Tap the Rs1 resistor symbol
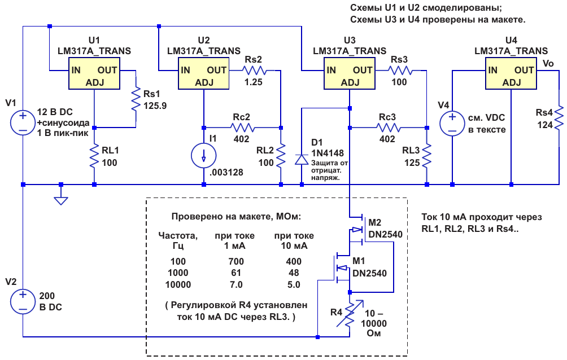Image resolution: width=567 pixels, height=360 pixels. coord(136,99)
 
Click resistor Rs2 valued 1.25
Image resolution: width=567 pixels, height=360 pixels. coord(254,70)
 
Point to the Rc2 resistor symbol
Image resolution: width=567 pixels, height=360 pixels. coord(242,128)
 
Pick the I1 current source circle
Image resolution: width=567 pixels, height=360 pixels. coord(203,156)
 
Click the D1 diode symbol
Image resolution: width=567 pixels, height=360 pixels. coord(302,159)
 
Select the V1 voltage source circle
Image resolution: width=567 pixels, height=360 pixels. coord(23,122)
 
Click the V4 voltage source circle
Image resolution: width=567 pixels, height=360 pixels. coord(452,123)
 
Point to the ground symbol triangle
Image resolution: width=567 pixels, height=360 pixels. coord(61,201)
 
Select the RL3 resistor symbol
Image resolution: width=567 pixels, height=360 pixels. coord(427,156)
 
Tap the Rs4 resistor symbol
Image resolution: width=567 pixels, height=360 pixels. coord(559,118)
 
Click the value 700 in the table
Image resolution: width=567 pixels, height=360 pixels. coord(236,261)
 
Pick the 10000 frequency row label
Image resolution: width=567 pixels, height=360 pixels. coord(178,284)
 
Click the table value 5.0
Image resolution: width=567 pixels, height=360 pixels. coord(294,284)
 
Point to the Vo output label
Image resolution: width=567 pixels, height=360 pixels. coord(548,64)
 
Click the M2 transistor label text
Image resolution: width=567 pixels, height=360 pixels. coord(374,223)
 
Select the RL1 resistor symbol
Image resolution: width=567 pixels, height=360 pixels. coord(94,156)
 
